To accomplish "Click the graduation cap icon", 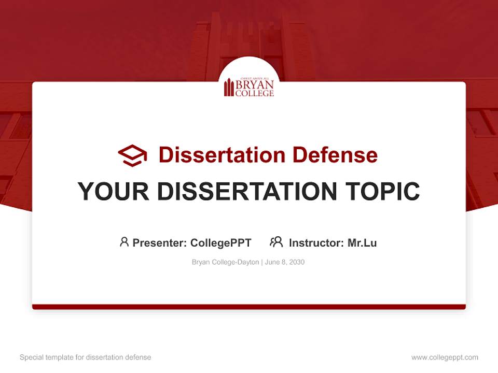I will tap(132, 155).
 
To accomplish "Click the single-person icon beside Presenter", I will tap(124, 242).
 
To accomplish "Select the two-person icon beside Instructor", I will tap(276, 242).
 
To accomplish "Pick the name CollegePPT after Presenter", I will tap(221, 243).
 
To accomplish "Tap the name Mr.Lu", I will tap(362, 243).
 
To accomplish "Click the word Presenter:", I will tap(160, 243).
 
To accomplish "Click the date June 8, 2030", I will tap(285, 262).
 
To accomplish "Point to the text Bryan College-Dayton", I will tap(225, 262).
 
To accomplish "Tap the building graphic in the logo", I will tap(229, 88).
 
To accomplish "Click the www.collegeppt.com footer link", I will tap(445, 357).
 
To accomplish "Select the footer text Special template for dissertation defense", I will tap(86, 357).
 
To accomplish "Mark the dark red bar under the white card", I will tap(249, 307).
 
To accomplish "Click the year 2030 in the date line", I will tap(297, 262).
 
